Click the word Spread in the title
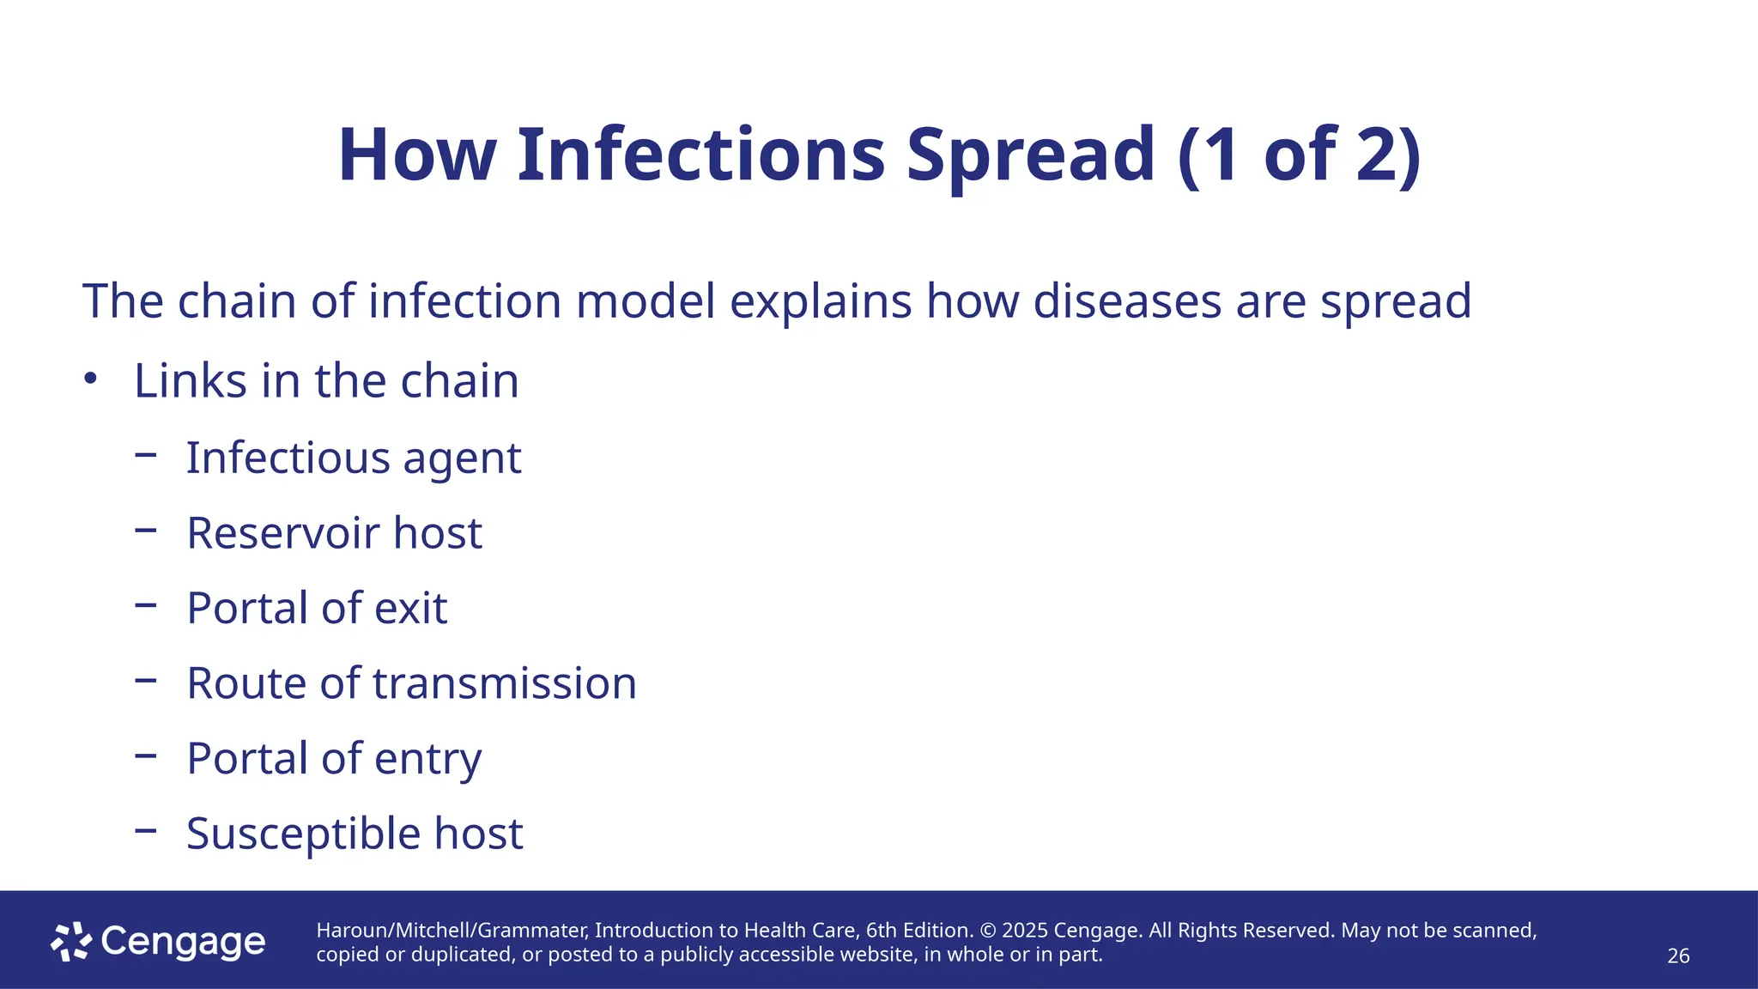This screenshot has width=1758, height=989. tap(1030, 155)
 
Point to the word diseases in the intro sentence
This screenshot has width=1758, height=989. tap(1126, 301)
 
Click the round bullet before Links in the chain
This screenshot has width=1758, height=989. tap(91, 379)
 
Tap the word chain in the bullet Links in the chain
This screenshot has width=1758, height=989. tap(459, 380)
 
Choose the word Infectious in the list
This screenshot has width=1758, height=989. tap(288, 458)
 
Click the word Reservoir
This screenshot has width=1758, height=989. tap(282, 533)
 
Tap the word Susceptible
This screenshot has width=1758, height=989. tap(303, 834)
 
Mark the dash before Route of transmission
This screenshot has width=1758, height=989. tap(146, 681)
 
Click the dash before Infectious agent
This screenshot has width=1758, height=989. tap(146, 455)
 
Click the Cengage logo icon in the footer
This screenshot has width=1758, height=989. tap(70, 942)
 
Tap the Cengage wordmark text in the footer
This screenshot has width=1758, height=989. tap(183, 942)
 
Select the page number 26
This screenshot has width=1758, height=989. tap(1677, 956)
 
